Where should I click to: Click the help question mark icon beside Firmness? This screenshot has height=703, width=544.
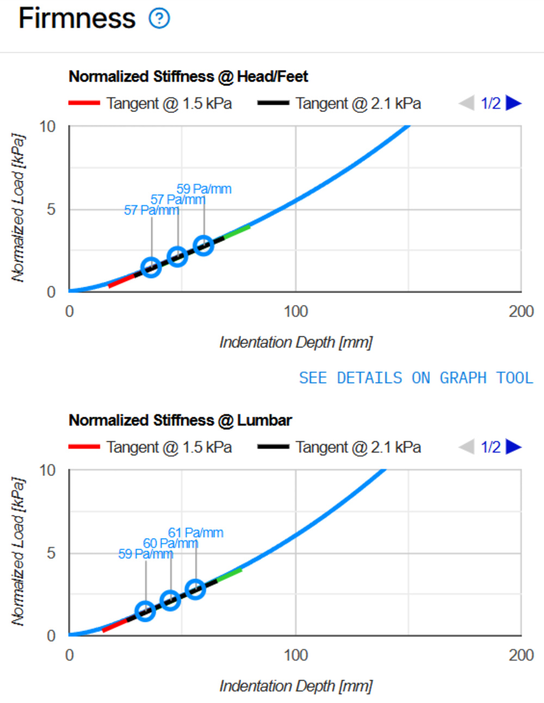click(x=159, y=18)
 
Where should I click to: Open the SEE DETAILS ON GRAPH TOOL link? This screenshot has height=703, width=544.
click(x=416, y=378)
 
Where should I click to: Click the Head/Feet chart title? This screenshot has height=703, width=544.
click(x=188, y=77)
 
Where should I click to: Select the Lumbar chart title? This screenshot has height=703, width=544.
click(x=180, y=421)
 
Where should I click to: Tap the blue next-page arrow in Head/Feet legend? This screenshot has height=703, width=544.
click(x=513, y=103)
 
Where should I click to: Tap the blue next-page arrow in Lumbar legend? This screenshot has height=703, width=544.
click(x=513, y=447)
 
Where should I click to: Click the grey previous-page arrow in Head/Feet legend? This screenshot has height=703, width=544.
click(x=467, y=103)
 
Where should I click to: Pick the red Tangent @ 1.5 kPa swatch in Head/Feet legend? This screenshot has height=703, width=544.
click(x=84, y=103)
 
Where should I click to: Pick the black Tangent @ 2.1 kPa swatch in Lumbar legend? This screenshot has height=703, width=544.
click(x=273, y=447)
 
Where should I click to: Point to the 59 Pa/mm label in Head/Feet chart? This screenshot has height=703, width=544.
click(x=204, y=189)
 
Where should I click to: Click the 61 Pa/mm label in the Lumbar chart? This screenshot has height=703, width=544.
click(x=195, y=533)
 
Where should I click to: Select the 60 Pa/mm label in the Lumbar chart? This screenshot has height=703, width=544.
click(x=170, y=543)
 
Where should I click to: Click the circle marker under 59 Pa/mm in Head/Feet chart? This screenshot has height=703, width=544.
click(x=203, y=245)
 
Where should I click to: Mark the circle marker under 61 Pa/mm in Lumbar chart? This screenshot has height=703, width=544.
click(x=195, y=589)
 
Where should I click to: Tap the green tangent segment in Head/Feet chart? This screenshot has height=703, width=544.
click(x=237, y=231)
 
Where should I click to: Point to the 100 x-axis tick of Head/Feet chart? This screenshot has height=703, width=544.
click(x=295, y=311)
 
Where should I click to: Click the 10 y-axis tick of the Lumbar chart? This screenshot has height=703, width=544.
click(x=48, y=470)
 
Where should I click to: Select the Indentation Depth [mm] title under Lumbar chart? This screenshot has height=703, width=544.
click(x=295, y=686)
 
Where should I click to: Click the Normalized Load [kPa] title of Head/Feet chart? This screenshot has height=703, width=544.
click(x=18, y=208)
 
